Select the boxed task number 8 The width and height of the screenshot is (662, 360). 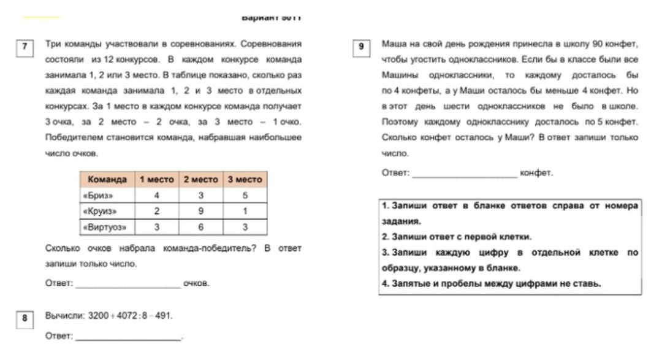pos(23,318)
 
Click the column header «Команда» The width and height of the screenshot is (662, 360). pos(107,180)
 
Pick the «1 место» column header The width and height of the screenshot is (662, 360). pos(157,180)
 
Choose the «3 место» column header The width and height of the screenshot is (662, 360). pos(245,180)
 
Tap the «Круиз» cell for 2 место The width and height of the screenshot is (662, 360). pos(200,211)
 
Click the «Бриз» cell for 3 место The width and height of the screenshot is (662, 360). pos(245,196)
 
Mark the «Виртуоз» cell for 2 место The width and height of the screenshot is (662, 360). pos(200,227)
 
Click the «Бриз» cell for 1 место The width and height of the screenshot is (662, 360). pos(157,196)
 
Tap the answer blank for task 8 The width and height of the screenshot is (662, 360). pos(128,337)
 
